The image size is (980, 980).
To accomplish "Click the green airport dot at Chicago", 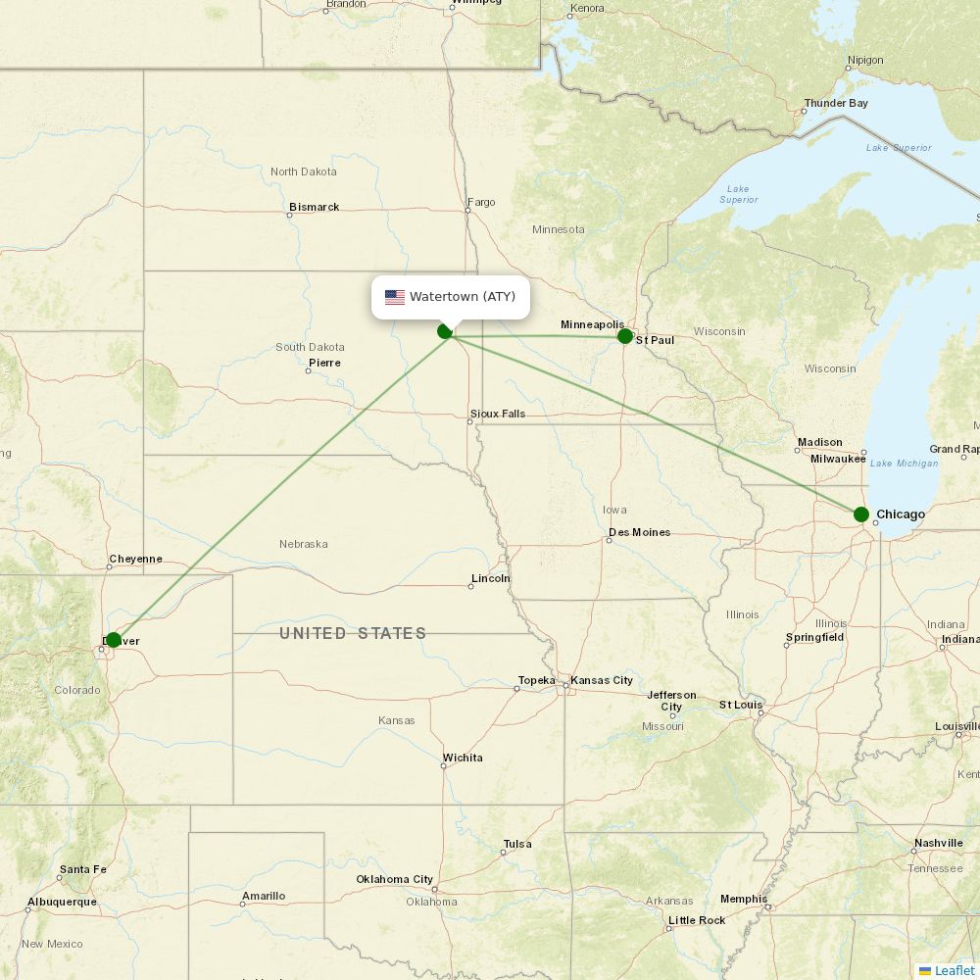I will pos(860,514).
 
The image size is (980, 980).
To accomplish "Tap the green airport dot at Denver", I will pos(113,640).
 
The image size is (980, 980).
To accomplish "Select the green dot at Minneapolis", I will pos(625,336).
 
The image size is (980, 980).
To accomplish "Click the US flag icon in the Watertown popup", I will pos(395,297).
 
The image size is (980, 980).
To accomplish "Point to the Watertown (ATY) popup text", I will pos(463,297).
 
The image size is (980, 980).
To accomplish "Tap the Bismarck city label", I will pos(314,207).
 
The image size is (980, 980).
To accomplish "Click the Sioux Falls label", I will pos(497,414).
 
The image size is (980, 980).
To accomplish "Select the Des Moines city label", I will pos(639,532).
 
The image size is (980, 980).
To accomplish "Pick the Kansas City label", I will pos(602,680).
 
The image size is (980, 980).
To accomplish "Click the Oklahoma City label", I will pos(394,879).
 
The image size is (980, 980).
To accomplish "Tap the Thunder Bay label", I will pos(835,103).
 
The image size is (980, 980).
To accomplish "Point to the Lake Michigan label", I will pos(904,464).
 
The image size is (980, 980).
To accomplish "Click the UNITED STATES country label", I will pos(353,633).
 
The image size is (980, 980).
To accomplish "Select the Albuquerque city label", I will pos(62,901).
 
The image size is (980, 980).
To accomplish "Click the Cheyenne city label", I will pos(135,559).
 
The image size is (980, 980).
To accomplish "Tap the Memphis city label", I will pos(743,899).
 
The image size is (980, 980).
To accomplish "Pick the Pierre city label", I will pos(324,363).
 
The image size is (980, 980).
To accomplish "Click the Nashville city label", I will pos(938,843).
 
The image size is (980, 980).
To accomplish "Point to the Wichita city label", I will pos(462,758).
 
